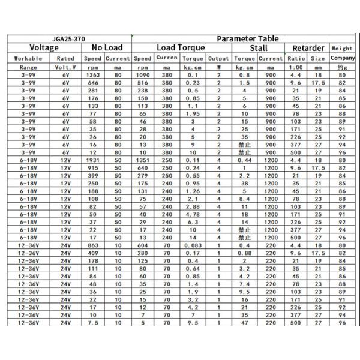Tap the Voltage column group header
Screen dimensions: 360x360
(x=44, y=48)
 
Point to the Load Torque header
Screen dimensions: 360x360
(x=181, y=48)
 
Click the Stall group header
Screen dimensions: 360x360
(x=258, y=48)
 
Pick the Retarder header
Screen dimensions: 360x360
(x=308, y=48)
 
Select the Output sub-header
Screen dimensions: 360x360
(x=218, y=59)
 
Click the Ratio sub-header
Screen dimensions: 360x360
(x=295, y=59)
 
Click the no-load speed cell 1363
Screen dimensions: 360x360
(x=93, y=76)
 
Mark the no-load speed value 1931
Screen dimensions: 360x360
(x=93, y=161)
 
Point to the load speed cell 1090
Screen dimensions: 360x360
(x=143, y=76)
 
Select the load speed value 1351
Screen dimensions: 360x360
(x=143, y=161)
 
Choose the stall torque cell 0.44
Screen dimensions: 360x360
(x=245, y=161)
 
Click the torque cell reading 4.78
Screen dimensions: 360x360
(x=193, y=214)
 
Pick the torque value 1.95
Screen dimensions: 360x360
(x=193, y=113)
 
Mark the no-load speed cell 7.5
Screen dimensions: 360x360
(x=93, y=323)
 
